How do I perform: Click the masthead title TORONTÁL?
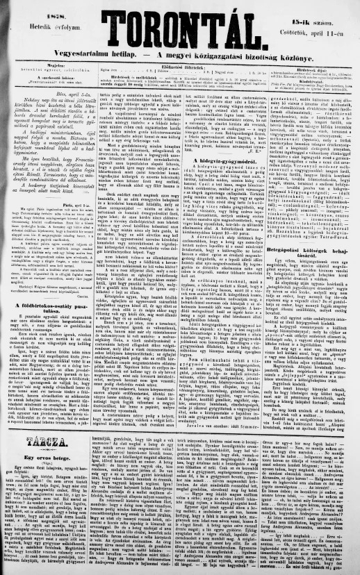181,26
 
